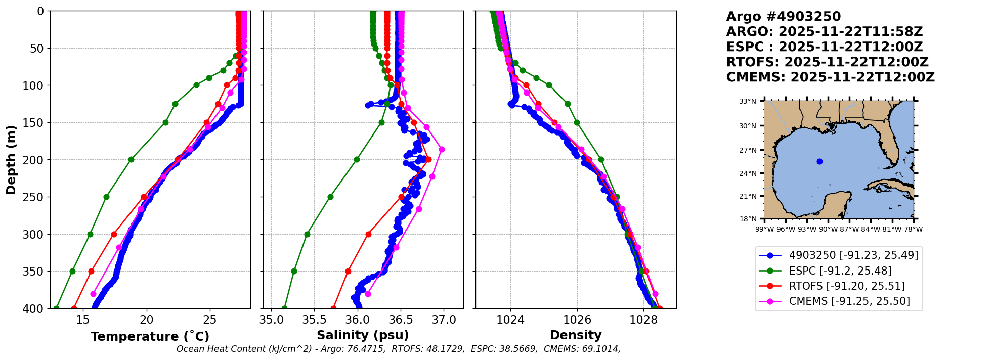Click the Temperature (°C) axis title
[x=150, y=337]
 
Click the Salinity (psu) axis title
[x=363, y=335]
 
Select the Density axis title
[x=576, y=335]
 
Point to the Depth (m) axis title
[x=11, y=159]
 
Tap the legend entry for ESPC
[x=840, y=271]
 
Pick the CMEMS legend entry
[x=849, y=301]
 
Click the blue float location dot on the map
[x=819, y=162]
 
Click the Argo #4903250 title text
[x=783, y=17]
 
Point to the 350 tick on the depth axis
[x=37, y=272]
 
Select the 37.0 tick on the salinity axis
[x=444, y=320]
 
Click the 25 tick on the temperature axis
[x=210, y=320]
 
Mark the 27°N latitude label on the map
[x=748, y=150]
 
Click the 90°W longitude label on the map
[x=828, y=229]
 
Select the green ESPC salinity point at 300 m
[x=307, y=234]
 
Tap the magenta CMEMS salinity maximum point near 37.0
[x=442, y=149]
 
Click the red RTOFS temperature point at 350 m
[x=91, y=271]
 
